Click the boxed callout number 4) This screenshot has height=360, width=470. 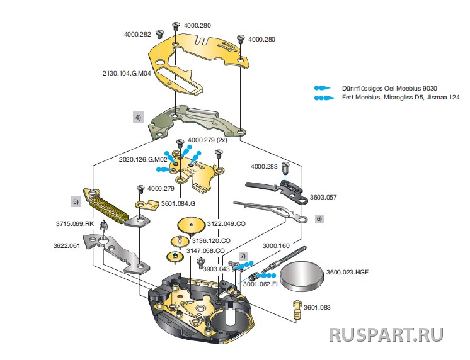click(x=137, y=116)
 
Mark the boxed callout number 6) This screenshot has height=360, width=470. click(x=319, y=218)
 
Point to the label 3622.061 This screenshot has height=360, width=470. click(x=66, y=245)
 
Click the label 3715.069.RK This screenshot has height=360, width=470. click(x=70, y=223)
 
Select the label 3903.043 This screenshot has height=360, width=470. click(x=215, y=269)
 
